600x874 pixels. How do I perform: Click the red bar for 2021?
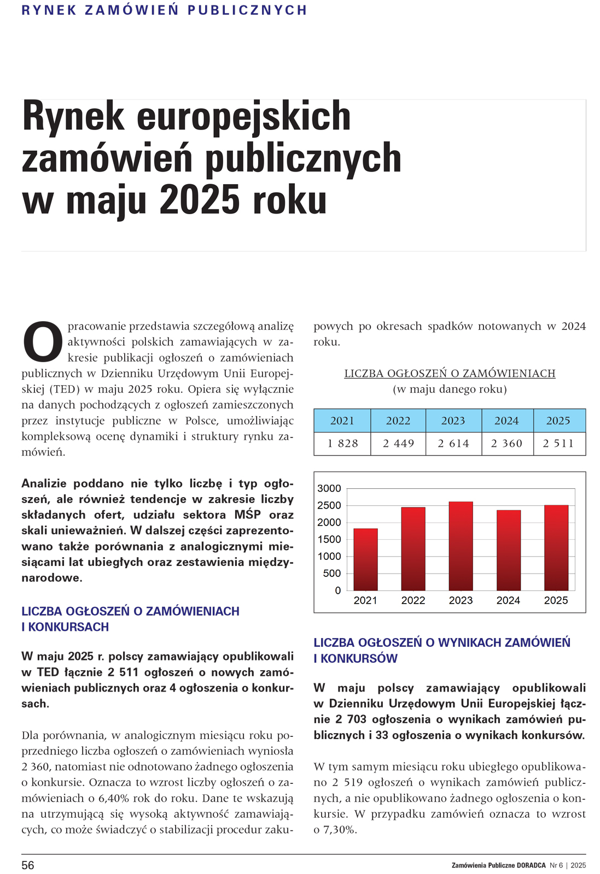tap(365, 559)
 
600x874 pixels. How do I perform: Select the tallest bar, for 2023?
tap(461, 546)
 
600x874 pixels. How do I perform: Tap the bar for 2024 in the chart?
tap(508, 550)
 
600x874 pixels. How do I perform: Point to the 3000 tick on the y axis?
tap(329, 488)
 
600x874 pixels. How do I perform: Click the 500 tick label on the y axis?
tap(332, 573)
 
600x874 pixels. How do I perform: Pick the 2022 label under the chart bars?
tap(413, 600)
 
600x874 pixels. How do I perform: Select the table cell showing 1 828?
tap(343, 444)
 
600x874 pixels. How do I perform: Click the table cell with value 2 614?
tap(453, 444)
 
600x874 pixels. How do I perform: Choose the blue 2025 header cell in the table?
tap(558, 421)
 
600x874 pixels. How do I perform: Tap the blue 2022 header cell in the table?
tap(398, 421)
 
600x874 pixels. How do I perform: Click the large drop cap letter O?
tap(43, 342)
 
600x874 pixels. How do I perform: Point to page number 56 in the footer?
tap(28, 865)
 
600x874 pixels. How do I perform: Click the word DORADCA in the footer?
tap(531, 865)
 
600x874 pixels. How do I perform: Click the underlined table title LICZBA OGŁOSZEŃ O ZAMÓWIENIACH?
tap(450, 374)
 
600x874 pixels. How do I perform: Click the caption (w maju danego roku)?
tap(450, 389)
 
